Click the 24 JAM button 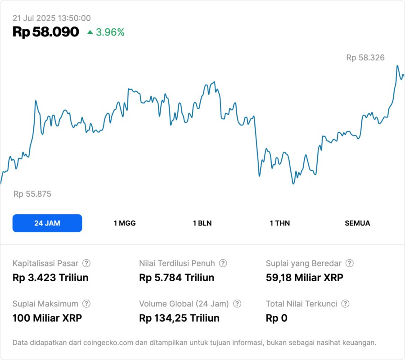coord(47,223)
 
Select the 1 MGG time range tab coord(125,223)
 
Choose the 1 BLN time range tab coord(202,223)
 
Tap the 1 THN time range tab coord(280,223)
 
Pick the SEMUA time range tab coord(357,223)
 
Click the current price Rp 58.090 coord(46,32)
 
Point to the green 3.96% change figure coord(110,32)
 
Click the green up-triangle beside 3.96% coord(90,32)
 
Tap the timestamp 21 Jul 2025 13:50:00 coord(52,18)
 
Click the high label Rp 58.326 coord(365,58)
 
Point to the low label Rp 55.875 coord(32,194)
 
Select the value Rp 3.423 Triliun coord(50,278)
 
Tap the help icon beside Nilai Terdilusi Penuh coord(223,263)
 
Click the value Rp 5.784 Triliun coord(177,278)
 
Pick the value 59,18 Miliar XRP coord(305,278)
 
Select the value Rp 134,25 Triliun coord(180,318)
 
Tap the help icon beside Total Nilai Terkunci coord(345,304)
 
